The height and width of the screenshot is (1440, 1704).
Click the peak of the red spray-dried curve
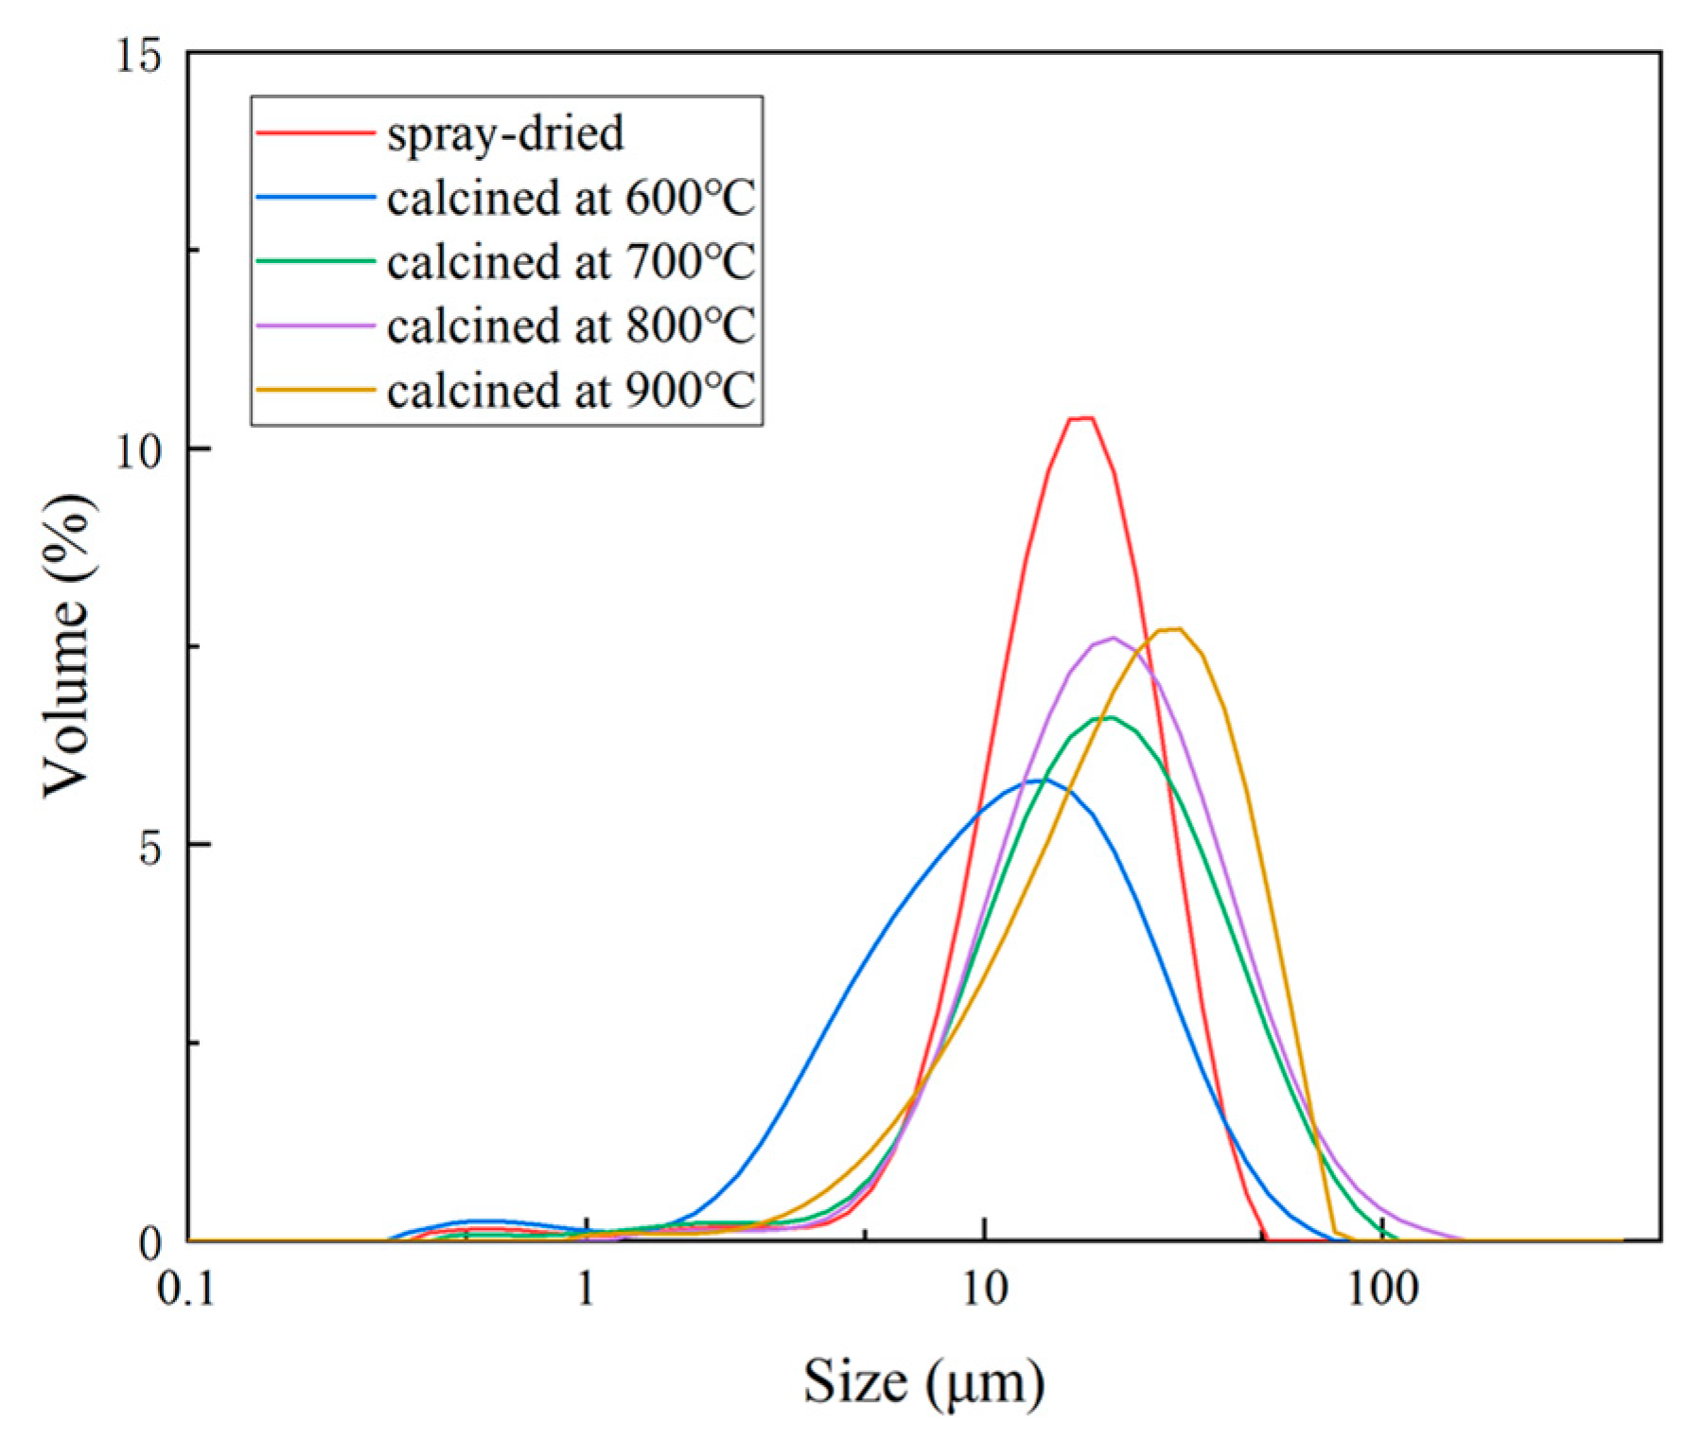point(1080,417)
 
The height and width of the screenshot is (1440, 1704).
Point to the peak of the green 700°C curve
point(1109,717)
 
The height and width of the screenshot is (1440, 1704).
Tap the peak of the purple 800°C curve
point(1114,638)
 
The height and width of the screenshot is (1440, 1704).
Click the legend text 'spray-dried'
point(505,133)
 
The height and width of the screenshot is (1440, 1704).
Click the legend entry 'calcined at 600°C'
point(571,198)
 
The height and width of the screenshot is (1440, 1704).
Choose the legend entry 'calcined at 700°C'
point(571,262)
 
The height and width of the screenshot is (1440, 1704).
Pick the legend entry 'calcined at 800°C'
point(571,326)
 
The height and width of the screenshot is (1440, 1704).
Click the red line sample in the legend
point(315,133)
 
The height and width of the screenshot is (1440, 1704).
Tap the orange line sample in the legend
point(315,390)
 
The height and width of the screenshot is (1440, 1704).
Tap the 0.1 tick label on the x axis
point(187,1288)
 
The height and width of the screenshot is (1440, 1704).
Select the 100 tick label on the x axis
point(1383,1288)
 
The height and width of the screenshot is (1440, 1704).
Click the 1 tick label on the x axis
point(587,1288)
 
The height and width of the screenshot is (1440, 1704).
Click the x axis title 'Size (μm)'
point(924,1382)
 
